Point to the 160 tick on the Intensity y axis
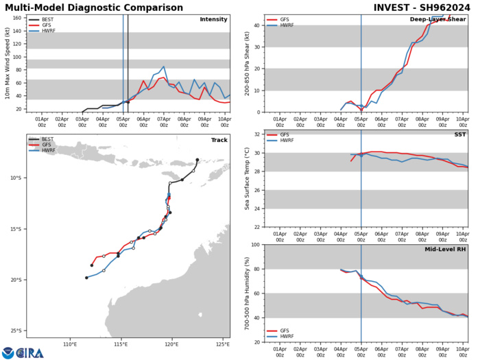[x=17, y=18]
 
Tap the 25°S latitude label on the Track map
[x=16, y=331]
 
